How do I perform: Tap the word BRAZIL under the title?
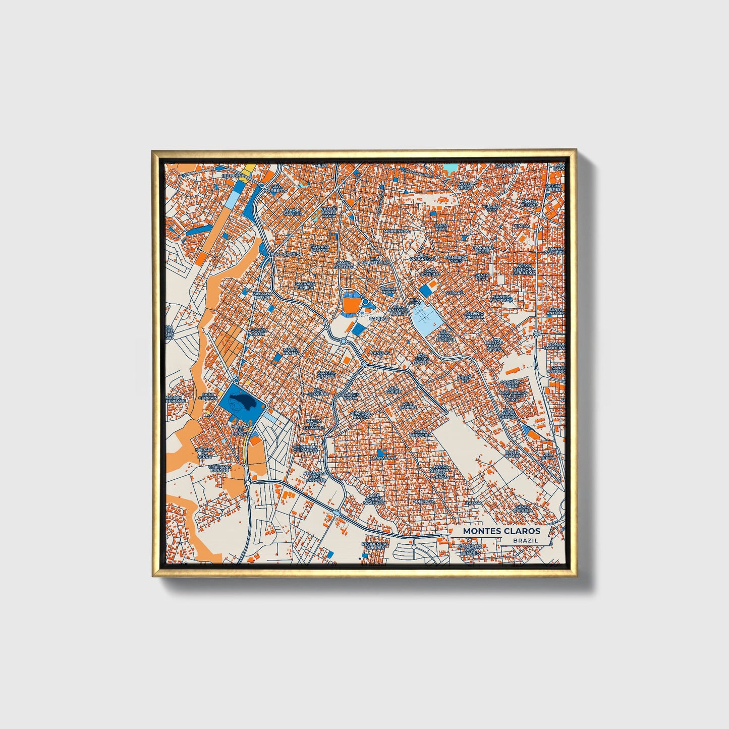tap(525, 540)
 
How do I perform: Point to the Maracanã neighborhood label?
tap(384, 458)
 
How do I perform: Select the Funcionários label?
tap(287, 255)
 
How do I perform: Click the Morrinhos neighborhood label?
tap(396, 231)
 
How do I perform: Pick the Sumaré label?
tap(454, 293)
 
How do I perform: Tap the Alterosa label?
tap(424, 501)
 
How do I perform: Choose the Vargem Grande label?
tap(326, 374)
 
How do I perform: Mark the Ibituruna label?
tap(233, 176)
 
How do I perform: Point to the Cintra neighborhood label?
tap(522, 226)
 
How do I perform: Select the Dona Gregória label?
tap(420, 433)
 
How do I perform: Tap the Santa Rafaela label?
tap(523, 509)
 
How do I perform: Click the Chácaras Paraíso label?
tap(220, 468)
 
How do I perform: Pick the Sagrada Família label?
tap(305, 286)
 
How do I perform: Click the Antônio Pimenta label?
tap(474, 315)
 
